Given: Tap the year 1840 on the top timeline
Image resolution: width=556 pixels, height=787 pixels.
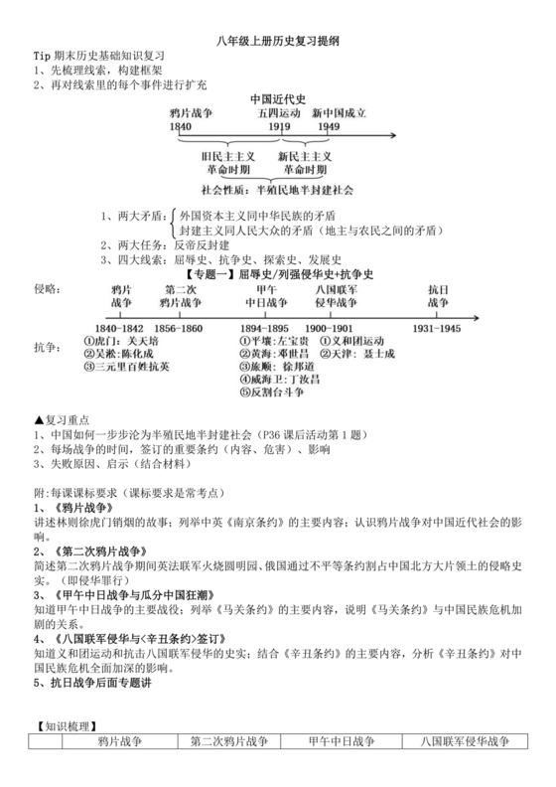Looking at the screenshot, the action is (x=181, y=128).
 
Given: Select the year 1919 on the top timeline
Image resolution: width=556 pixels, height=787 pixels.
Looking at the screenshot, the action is (x=279, y=128).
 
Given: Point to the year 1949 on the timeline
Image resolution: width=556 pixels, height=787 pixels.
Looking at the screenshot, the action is (x=329, y=128).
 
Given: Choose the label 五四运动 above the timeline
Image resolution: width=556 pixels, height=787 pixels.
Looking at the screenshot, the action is (x=280, y=114).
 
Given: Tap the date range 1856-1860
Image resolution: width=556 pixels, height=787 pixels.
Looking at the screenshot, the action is (x=179, y=328).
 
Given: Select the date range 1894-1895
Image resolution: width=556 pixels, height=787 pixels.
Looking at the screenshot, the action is (x=265, y=328).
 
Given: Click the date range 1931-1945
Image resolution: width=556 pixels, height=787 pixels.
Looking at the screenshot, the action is (x=438, y=328).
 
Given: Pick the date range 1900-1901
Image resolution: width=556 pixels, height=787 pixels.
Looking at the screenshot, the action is (x=329, y=328).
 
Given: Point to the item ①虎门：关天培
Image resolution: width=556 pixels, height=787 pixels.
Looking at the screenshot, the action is (x=116, y=341).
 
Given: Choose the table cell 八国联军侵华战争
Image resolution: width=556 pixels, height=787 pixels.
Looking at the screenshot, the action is (x=465, y=743).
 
